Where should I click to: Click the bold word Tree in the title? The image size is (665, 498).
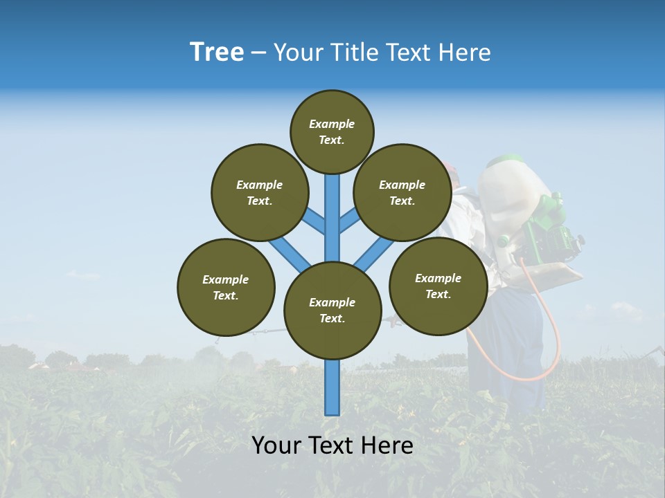(217, 53)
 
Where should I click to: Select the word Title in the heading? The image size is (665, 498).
(354, 53)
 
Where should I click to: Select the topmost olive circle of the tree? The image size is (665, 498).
(332, 131)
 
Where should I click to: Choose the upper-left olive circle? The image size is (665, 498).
(260, 192)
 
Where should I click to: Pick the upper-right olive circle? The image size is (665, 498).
(402, 192)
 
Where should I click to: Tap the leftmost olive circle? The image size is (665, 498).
(226, 287)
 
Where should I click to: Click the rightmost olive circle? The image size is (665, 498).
(438, 286)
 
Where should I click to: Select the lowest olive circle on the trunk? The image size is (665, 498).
(332, 310)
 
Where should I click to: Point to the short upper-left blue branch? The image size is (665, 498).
(314, 221)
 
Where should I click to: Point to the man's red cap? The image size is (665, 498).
(451, 169)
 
